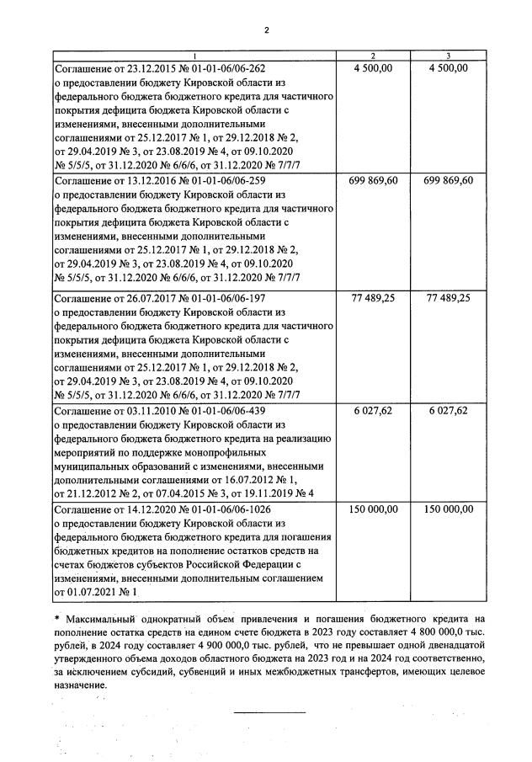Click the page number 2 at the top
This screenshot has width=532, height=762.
tap(266, 32)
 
